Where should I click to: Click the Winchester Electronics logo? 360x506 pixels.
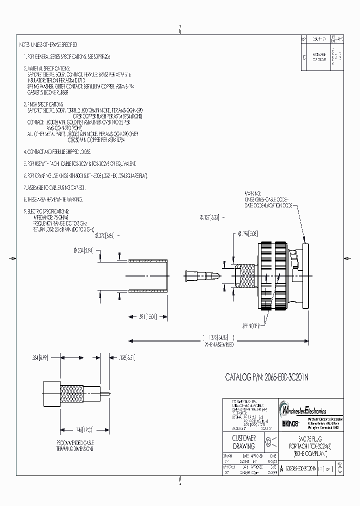point(304,409)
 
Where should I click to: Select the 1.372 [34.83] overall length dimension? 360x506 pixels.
point(218,338)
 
